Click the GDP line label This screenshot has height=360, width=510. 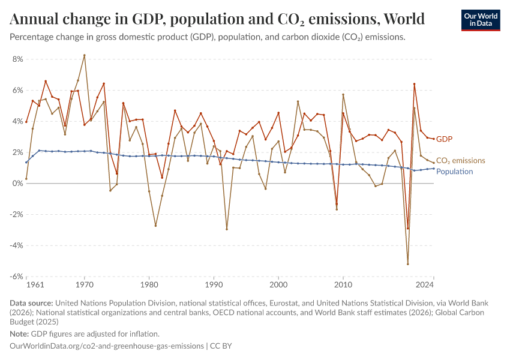pos(444,139)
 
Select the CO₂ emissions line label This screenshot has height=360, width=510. pos(460,161)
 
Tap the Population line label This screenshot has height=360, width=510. pos(454,172)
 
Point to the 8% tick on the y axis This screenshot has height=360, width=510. pos(17,59)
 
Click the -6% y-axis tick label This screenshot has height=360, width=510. pos(16,277)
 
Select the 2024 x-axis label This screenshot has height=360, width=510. pos(424,284)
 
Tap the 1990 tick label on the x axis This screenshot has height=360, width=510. pos(214,284)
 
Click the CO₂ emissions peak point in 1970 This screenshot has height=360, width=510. pos(84,55)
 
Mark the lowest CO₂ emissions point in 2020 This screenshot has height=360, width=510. pos(408,264)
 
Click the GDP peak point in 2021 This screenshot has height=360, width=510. pos(414,84)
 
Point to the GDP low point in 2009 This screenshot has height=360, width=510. pos(337,204)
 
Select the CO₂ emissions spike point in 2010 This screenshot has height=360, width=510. pos(343,94)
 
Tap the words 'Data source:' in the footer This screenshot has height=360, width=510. pos(31,304)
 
